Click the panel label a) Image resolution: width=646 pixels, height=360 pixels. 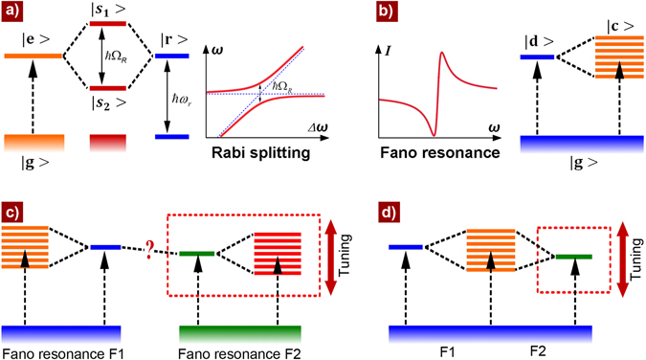click(x=14, y=13)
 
